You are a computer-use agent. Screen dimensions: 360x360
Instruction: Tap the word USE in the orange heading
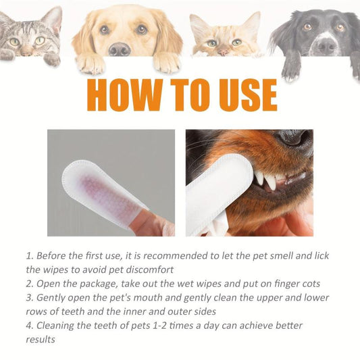[x=245, y=95]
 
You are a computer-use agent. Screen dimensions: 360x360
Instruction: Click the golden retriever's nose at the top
[x=120, y=49]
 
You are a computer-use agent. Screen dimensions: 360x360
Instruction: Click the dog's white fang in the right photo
[x=271, y=181]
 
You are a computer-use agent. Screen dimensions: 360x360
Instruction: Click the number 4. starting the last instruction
[x=30, y=326]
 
